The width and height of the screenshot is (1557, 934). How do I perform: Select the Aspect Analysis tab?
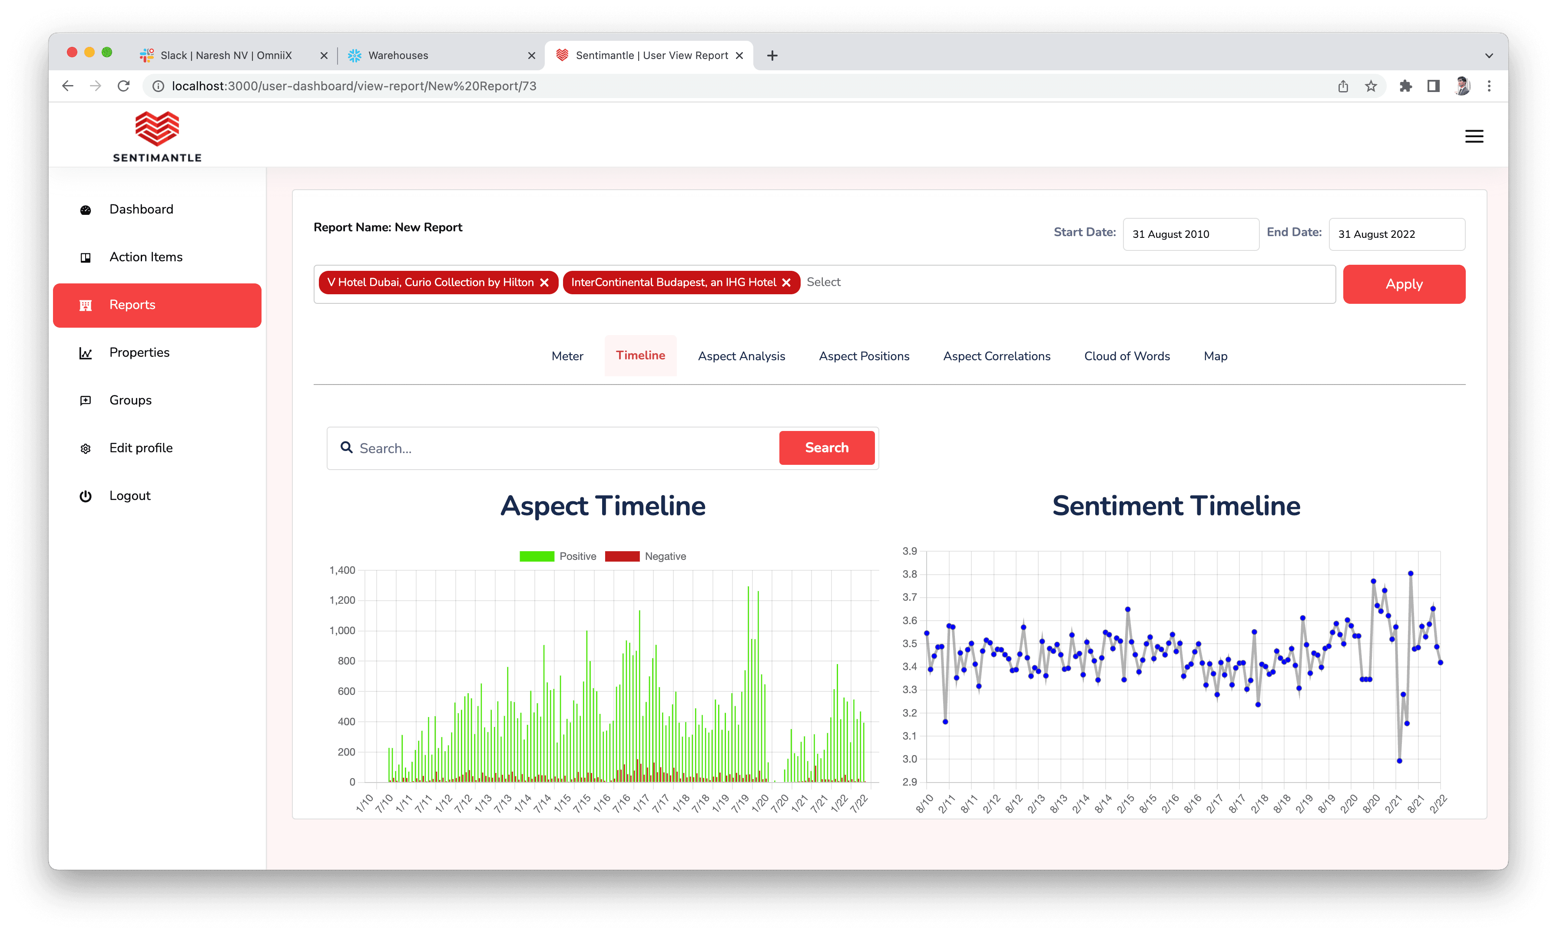click(x=741, y=356)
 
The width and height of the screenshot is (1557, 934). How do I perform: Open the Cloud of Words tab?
click(x=1127, y=356)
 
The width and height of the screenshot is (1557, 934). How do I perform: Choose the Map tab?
click(x=1215, y=356)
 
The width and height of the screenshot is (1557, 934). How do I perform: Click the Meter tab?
click(x=567, y=356)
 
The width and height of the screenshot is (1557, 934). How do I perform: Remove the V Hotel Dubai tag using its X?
click(x=544, y=283)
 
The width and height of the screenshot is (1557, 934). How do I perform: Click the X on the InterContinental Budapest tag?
click(x=786, y=283)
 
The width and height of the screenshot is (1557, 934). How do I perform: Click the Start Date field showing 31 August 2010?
click(x=1190, y=234)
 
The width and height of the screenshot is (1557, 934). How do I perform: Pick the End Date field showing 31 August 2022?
click(x=1396, y=234)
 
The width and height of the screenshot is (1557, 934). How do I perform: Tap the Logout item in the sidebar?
click(x=130, y=496)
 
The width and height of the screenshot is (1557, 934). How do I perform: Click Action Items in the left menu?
click(x=146, y=257)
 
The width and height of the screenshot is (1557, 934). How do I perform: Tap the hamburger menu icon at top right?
click(x=1474, y=137)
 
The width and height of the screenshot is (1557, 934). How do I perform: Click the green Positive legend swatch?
click(x=537, y=556)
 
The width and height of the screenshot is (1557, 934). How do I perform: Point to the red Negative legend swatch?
click(x=622, y=556)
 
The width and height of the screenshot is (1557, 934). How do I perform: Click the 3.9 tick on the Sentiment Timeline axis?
click(x=910, y=551)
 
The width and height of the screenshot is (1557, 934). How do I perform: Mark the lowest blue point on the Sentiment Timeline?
click(x=1399, y=761)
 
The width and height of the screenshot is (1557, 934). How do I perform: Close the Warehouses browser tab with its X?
click(x=532, y=56)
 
